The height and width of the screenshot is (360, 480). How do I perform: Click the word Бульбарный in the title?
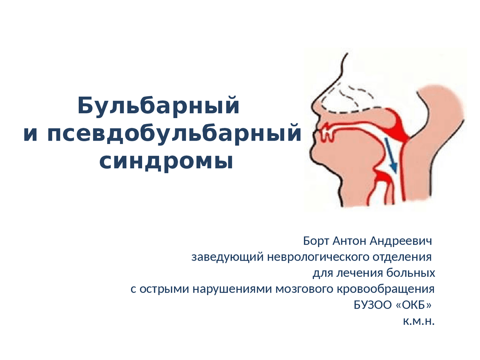coord(158,106)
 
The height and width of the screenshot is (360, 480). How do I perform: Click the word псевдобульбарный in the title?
coord(174,133)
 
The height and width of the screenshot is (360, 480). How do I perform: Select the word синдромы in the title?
coord(166,161)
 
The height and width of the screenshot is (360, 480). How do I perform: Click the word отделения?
coord(402,258)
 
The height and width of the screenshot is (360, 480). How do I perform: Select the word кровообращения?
coord(385,289)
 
